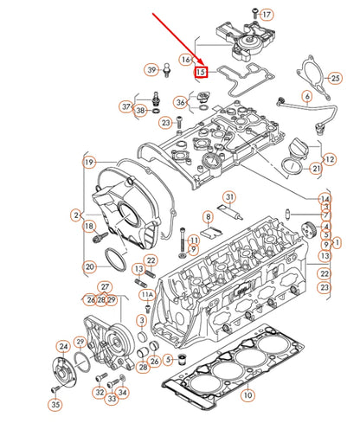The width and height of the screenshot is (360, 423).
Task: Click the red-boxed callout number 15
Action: click(x=201, y=72)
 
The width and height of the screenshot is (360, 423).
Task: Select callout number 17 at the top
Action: click(x=267, y=15)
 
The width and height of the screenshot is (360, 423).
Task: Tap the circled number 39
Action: click(x=151, y=69)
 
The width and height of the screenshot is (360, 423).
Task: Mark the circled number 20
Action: click(x=209, y=215)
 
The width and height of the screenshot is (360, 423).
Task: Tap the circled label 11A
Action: click(x=146, y=295)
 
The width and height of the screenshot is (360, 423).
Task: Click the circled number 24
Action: click(x=62, y=346)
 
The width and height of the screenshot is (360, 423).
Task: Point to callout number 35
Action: click(x=55, y=403)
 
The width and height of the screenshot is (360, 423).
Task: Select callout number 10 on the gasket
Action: click(x=248, y=395)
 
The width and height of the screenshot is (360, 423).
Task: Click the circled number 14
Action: click(x=324, y=199)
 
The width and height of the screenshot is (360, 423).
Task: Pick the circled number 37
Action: click(x=126, y=107)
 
